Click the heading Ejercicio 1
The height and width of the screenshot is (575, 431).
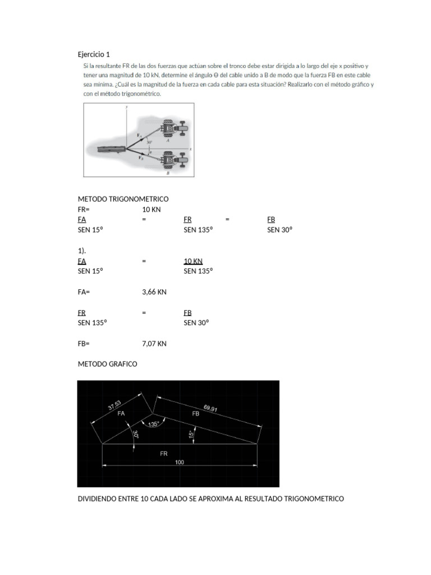pos(93,54)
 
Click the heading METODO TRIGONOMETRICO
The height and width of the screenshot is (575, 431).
pos(123,199)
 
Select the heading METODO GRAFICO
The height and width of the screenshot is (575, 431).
pos(107,364)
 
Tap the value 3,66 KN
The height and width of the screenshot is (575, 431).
pos(154,292)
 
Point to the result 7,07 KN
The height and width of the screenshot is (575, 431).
pos(154,343)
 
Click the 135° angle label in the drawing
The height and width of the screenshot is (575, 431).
pos(154,424)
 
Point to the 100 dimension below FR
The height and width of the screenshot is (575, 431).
pos(180,462)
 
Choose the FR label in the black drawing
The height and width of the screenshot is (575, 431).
pos(164,453)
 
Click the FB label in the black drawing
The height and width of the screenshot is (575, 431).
pos(196,413)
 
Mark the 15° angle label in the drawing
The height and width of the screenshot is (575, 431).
pos(191,434)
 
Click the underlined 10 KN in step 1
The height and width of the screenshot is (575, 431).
pos(193,261)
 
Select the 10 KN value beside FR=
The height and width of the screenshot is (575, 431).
pos(152,209)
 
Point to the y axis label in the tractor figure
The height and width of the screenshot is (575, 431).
pos(127,107)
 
